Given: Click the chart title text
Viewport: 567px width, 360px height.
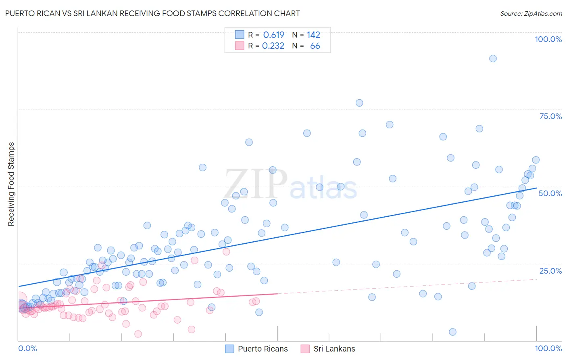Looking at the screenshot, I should [152, 13].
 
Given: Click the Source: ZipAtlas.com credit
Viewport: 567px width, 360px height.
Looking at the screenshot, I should [531, 13].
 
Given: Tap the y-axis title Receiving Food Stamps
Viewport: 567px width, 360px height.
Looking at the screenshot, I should [11, 184].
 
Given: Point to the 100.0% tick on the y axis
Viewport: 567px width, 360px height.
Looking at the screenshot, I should [548, 39].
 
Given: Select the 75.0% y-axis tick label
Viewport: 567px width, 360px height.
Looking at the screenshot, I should [550, 116].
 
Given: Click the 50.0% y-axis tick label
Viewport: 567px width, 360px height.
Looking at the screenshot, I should [550, 193].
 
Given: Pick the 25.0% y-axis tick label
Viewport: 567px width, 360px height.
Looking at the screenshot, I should [550, 271].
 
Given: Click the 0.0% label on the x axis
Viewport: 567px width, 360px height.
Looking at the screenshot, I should [27, 348].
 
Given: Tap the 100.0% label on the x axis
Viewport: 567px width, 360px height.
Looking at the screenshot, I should [548, 348].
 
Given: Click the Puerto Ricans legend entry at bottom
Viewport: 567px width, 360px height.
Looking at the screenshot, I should [256, 349].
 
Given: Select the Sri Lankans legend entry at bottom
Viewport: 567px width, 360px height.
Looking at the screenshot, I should [328, 349].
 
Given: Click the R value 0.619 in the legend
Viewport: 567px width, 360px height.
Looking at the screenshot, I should [273, 35].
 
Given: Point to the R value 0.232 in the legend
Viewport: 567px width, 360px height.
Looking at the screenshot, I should [273, 46].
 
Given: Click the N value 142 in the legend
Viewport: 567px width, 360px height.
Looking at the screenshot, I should [313, 35].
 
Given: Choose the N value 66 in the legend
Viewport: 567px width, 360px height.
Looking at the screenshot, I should [315, 46].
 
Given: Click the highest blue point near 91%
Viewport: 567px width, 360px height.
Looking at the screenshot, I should [493, 59].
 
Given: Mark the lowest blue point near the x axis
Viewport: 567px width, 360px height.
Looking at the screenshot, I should [452, 332].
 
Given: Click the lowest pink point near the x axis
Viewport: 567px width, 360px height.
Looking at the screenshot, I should [138, 334].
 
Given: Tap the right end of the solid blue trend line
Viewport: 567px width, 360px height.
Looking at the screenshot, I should [536, 188].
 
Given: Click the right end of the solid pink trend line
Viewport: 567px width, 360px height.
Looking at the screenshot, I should [277, 294].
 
